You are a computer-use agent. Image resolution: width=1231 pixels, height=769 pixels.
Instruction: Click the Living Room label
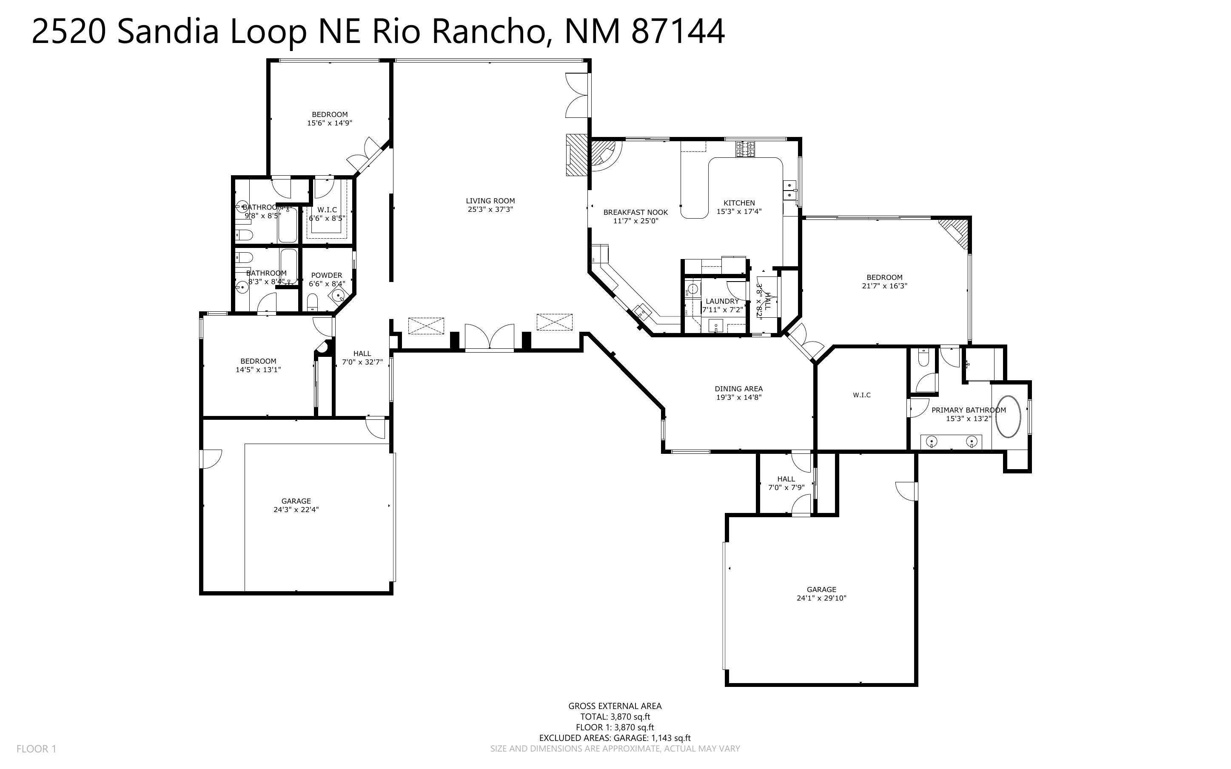click(490, 201)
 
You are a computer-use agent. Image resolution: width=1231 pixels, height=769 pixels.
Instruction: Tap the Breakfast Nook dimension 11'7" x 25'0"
click(635, 221)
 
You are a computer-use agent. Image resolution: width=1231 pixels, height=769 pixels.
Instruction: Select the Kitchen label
click(739, 203)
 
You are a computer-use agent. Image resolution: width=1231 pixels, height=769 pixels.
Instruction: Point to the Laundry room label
click(722, 301)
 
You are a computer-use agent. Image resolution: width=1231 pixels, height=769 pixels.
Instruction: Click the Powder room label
click(326, 275)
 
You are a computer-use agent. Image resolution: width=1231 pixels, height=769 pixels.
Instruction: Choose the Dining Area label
click(738, 389)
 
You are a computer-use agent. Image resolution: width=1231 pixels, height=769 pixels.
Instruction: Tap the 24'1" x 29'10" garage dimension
click(821, 598)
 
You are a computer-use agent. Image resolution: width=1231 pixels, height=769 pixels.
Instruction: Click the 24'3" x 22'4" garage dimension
click(296, 510)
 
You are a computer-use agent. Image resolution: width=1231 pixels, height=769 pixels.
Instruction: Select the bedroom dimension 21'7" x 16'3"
click(884, 286)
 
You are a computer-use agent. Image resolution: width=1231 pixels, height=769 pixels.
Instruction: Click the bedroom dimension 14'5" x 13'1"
click(258, 370)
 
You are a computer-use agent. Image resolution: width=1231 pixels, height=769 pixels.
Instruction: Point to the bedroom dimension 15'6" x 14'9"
click(330, 123)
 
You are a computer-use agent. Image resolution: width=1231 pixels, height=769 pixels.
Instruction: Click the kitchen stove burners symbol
click(745, 148)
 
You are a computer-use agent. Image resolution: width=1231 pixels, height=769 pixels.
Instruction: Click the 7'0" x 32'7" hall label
click(362, 358)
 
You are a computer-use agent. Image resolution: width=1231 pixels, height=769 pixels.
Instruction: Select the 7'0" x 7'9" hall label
click(786, 483)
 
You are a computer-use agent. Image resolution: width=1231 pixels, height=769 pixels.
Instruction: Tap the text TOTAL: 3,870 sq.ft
click(615, 717)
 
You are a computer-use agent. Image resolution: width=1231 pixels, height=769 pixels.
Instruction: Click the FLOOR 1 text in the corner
click(36, 749)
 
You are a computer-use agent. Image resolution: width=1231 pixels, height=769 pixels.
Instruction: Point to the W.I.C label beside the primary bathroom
click(861, 395)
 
